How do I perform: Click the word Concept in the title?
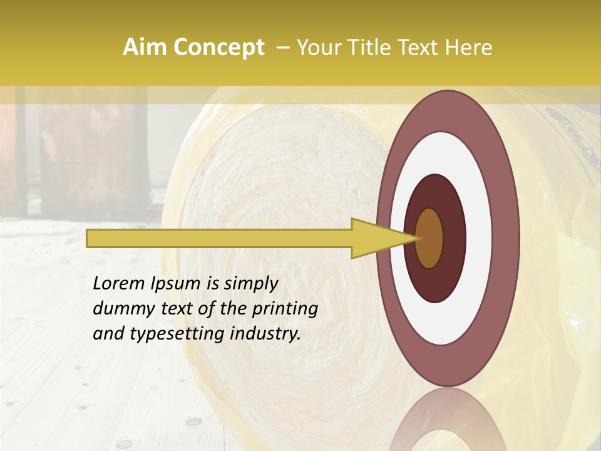[218, 48]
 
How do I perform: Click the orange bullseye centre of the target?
[429, 238]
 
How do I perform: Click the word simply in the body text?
[250, 284]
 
